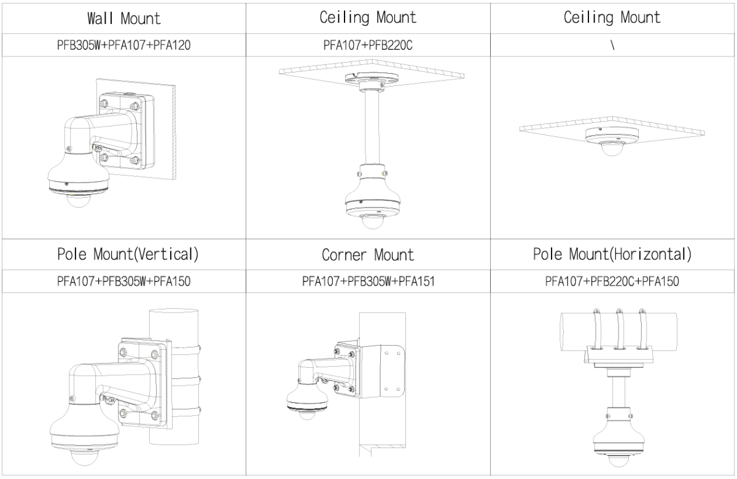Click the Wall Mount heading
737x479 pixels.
(x=123, y=18)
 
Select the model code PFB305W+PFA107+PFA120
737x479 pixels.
(x=123, y=45)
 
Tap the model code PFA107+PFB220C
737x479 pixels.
(x=368, y=45)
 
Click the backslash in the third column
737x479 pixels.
(x=612, y=45)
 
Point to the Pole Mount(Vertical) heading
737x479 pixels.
(x=123, y=255)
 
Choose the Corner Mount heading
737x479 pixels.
(x=368, y=255)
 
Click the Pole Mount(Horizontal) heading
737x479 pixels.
(x=612, y=255)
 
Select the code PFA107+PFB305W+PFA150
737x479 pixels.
(x=123, y=282)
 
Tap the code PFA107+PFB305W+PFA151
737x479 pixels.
(x=368, y=282)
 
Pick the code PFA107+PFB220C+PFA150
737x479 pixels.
(x=612, y=282)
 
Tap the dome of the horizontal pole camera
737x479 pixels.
(x=616, y=461)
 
